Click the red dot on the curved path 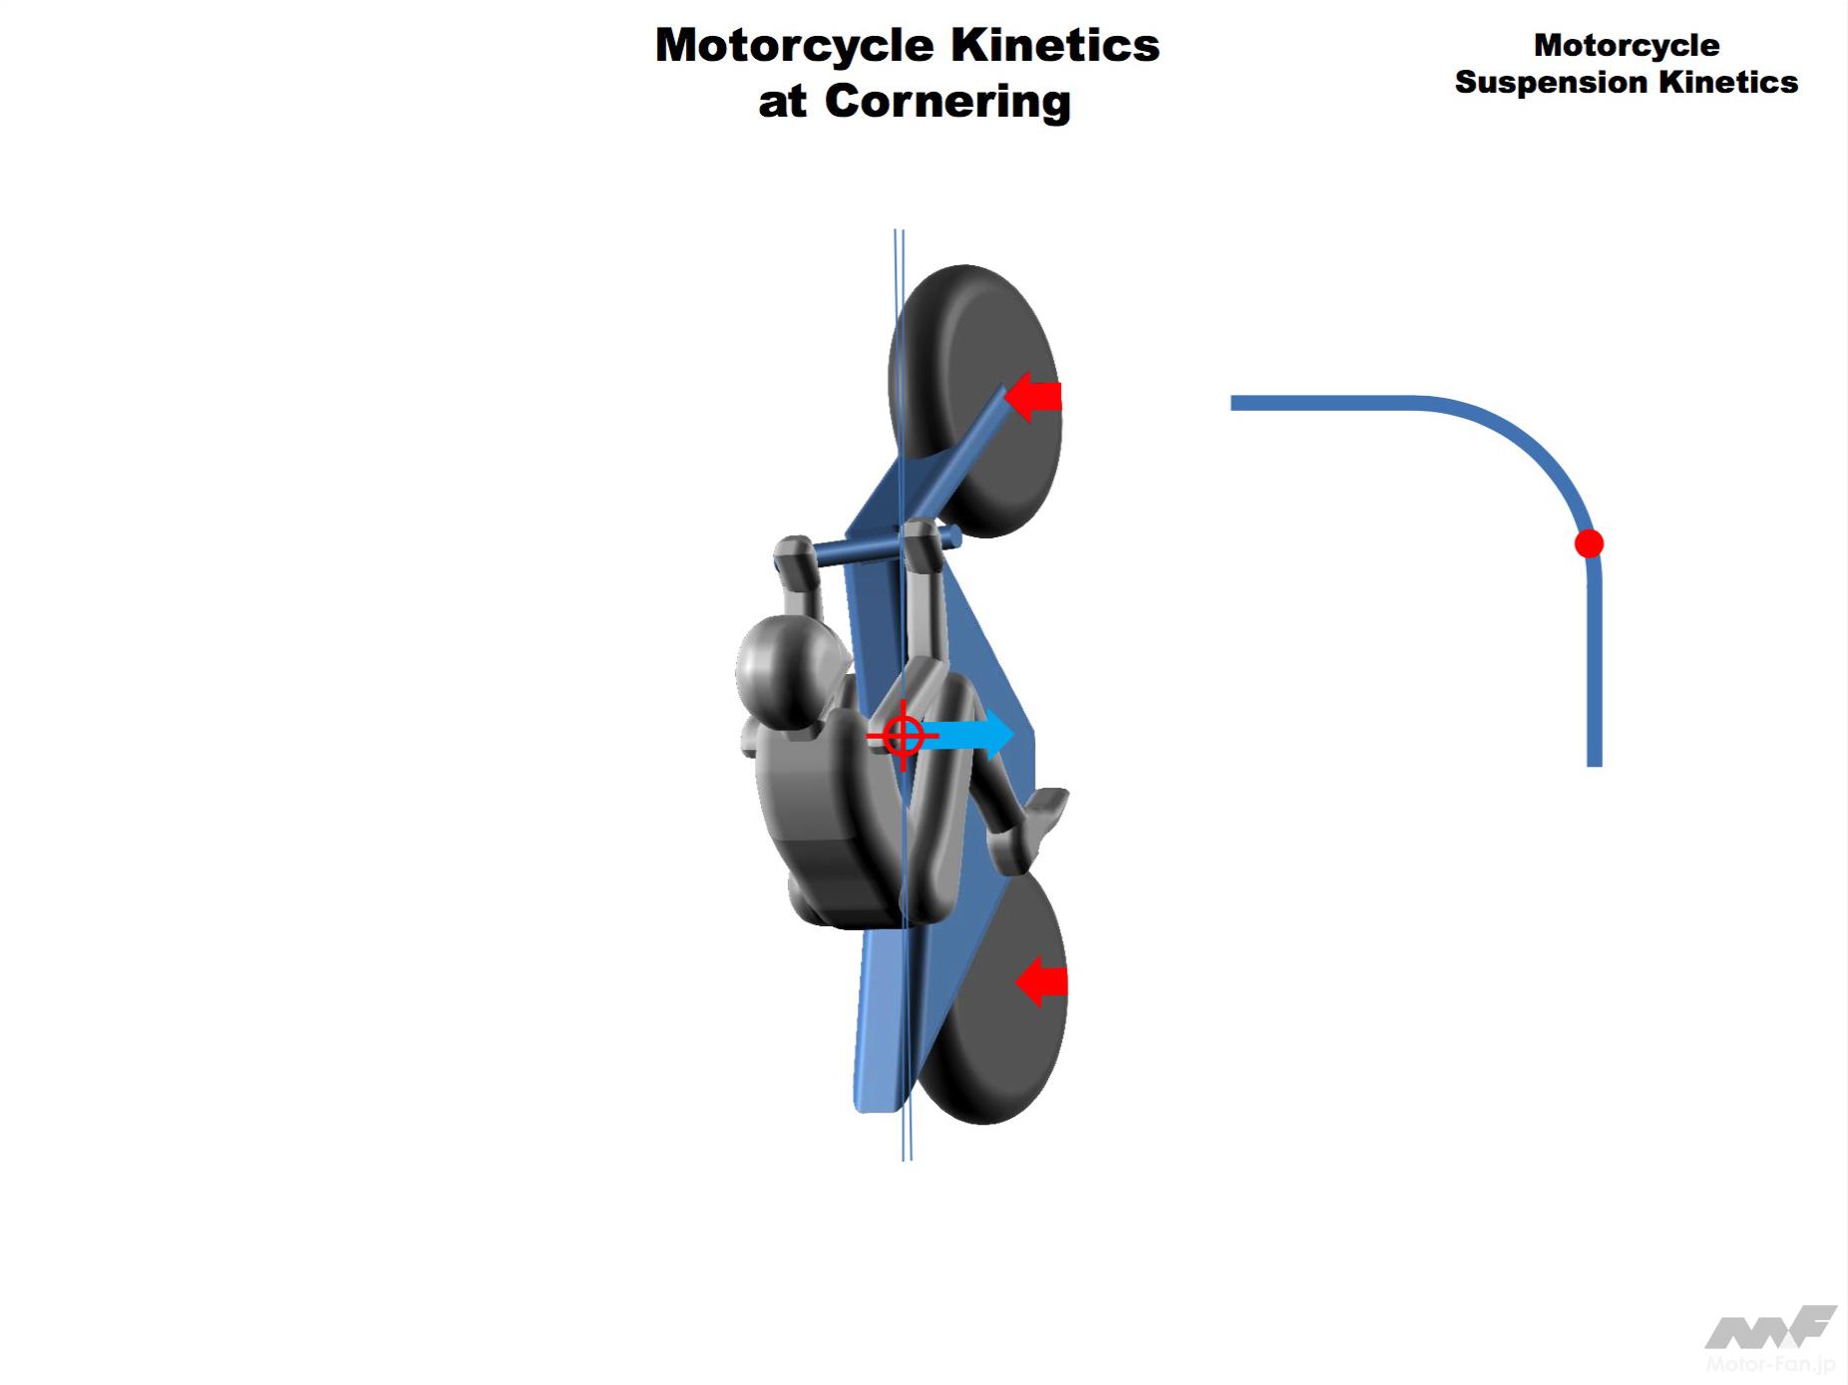click(1588, 543)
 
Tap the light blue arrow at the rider click(969, 736)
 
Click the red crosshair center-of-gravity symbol click(903, 736)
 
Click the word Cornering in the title click(947, 102)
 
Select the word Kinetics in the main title click(1054, 46)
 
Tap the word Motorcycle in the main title click(795, 46)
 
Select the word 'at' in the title click(782, 102)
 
